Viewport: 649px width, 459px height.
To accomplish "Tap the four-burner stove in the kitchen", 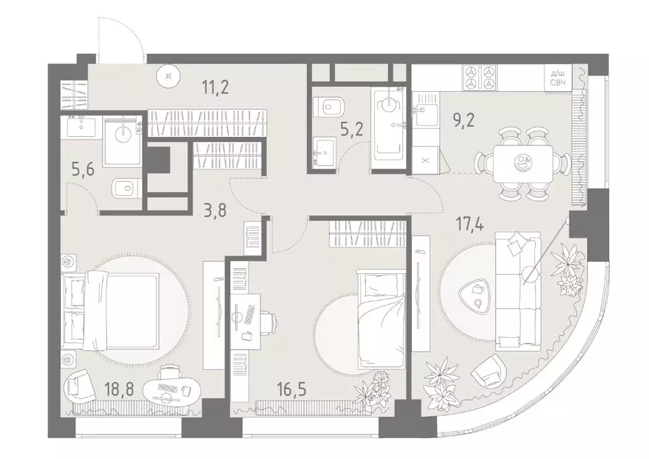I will (x=481, y=77).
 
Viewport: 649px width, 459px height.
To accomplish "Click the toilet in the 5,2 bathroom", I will (x=331, y=107).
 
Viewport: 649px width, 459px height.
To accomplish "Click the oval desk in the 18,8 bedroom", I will (x=172, y=389).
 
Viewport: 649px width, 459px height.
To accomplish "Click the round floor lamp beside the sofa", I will (x=530, y=275).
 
